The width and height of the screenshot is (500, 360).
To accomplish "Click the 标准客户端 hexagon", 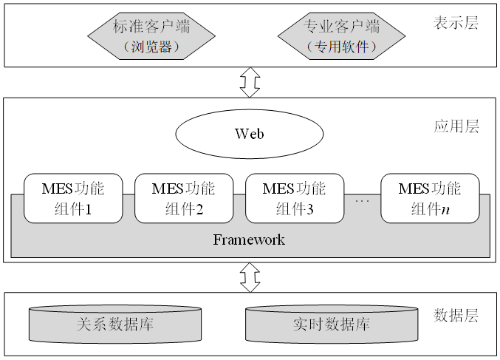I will pos(151,37).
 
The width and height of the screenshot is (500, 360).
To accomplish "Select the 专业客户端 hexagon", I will pos(341,37).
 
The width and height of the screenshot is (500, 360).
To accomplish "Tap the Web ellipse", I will pos(249,134).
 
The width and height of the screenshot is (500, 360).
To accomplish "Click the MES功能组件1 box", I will pos(72,198).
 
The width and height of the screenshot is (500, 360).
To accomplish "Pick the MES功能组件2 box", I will pos(182,198).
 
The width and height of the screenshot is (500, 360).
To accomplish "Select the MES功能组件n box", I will pos(429,198).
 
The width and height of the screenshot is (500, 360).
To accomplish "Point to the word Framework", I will pos(249,240).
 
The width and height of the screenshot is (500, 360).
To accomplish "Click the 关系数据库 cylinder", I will pos(114,325).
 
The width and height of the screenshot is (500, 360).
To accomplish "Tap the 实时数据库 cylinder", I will pos(331,325).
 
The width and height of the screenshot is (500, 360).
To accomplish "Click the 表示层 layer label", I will pos(456,23).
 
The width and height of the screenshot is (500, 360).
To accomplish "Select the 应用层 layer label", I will pos(456,126).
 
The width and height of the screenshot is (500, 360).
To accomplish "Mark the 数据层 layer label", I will pos(456,316).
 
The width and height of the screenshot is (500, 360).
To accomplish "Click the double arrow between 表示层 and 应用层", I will pos(250,81).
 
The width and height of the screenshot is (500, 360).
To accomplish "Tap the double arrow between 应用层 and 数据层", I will pos(250,277).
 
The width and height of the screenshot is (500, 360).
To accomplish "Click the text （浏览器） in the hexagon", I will pos(151,47).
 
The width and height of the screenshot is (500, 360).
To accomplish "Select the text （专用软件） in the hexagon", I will pos(341,47).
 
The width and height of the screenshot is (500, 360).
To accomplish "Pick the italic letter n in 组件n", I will pos(445,209).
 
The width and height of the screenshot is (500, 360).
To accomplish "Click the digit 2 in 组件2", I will pos(199,209).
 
